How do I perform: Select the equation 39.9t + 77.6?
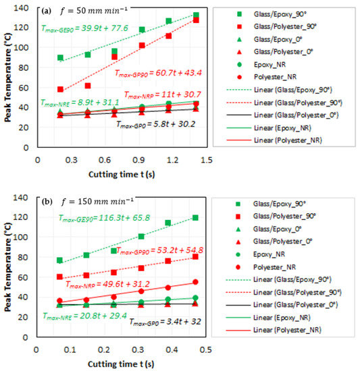click(79, 28)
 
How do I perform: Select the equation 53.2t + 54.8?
click(156, 250)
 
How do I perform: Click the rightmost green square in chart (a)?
click(196, 15)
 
